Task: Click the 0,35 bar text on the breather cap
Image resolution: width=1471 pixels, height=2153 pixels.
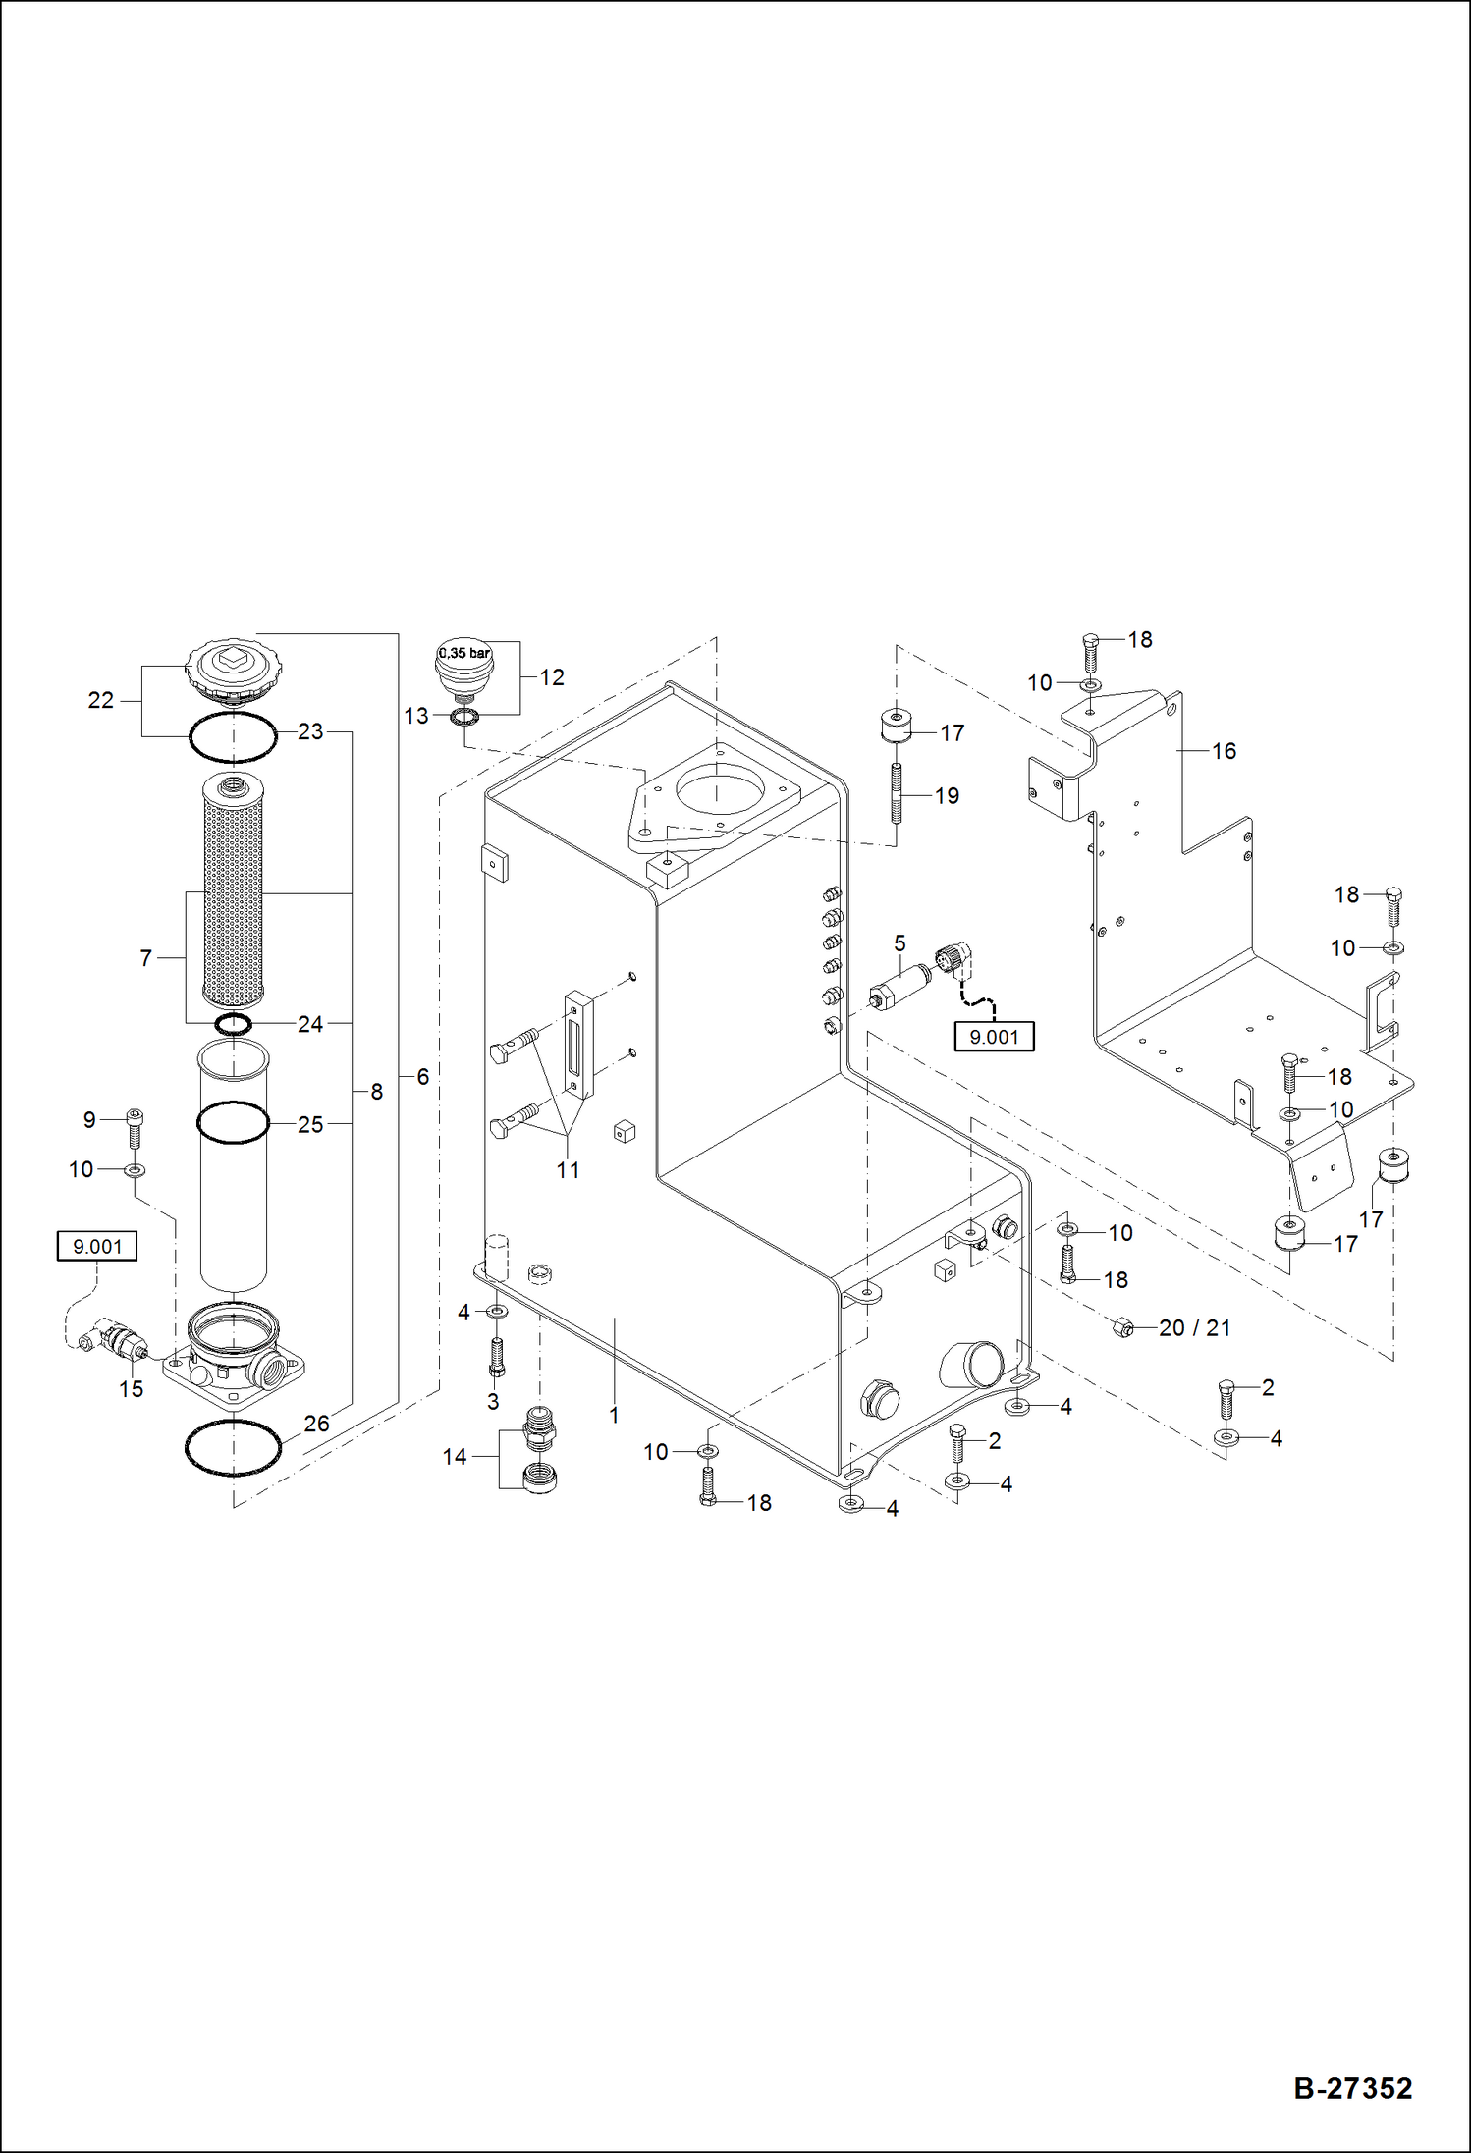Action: [x=464, y=653]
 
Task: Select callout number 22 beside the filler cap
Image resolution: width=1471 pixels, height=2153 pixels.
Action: [x=101, y=700]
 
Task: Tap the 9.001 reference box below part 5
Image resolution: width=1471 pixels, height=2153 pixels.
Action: [x=994, y=1037]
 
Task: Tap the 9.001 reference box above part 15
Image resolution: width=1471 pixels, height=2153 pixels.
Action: [x=97, y=1246]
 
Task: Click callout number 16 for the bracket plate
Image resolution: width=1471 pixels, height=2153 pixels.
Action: [x=1224, y=751]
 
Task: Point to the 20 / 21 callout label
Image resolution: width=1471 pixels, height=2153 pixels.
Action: [x=1194, y=1328]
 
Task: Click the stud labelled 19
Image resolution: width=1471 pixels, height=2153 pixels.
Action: [x=897, y=795]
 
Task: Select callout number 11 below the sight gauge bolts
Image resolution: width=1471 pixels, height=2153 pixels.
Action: [x=568, y=1169]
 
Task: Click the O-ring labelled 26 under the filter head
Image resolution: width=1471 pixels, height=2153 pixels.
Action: [x=234, y=1447]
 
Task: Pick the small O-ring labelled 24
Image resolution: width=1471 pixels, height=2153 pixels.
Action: [x=234, y=1025]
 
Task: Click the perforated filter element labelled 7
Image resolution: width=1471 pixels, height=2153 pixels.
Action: [x=233, y=891]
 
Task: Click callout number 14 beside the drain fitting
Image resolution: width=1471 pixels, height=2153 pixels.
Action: [x=454, y=1457]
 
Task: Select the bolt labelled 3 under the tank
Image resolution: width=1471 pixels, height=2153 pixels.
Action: [x=496, y=1357]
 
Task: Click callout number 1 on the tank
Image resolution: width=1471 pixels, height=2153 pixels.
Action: [x=614, y=1415]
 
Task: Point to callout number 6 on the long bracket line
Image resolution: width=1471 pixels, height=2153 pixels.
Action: [x=422, y=1077]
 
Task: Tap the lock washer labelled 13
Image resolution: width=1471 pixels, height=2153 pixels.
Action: [x=463, y=717]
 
